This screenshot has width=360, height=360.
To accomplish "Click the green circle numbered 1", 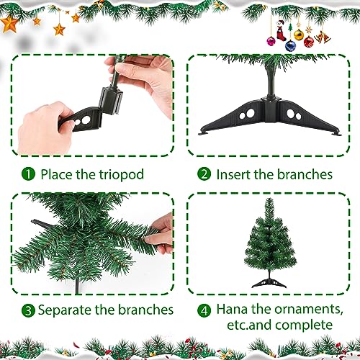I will point(28,174).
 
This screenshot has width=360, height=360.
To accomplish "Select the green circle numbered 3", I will point(28,310).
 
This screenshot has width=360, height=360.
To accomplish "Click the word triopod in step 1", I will point(122,174).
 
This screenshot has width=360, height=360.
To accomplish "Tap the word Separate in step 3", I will point(67,310).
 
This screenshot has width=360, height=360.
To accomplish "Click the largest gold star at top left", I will point(11,24).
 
